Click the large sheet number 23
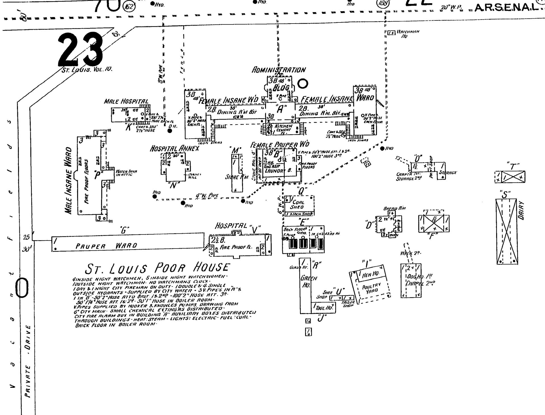click(x=81, y=50)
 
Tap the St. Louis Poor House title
click(x=158, y=268)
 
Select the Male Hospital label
click(x=126, y=102)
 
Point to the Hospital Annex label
click(x=174, y=149)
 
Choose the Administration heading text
click(x=279, y=70)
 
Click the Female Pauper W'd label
click(x=280, y=145)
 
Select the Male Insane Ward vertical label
click(x=68, y=180)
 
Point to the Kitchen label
click(x=283, y=126)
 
